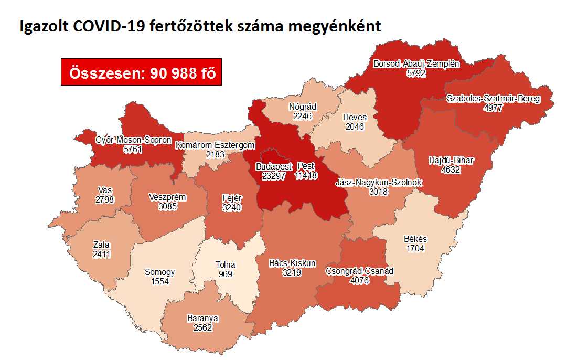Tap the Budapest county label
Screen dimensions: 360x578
[x=273, y=167]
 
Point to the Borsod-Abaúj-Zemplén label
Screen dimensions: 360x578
[x=416, y=65]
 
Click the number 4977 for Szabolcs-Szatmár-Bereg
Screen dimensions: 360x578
[x=493, y=108]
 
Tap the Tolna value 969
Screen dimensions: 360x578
[x=226, y=274]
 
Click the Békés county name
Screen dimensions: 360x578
[x=415, y=239]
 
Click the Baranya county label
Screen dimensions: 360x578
[x=202, y=318]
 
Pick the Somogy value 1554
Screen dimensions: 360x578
[x=159, y=282]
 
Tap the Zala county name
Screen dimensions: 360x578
[x=101, y=245]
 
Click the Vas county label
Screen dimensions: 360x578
[x=104, y=190]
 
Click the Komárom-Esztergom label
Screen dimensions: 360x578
[x=215, y=145]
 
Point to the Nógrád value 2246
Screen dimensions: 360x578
[x=303, y=116]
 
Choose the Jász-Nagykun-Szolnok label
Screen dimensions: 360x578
[x=379, y=183]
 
